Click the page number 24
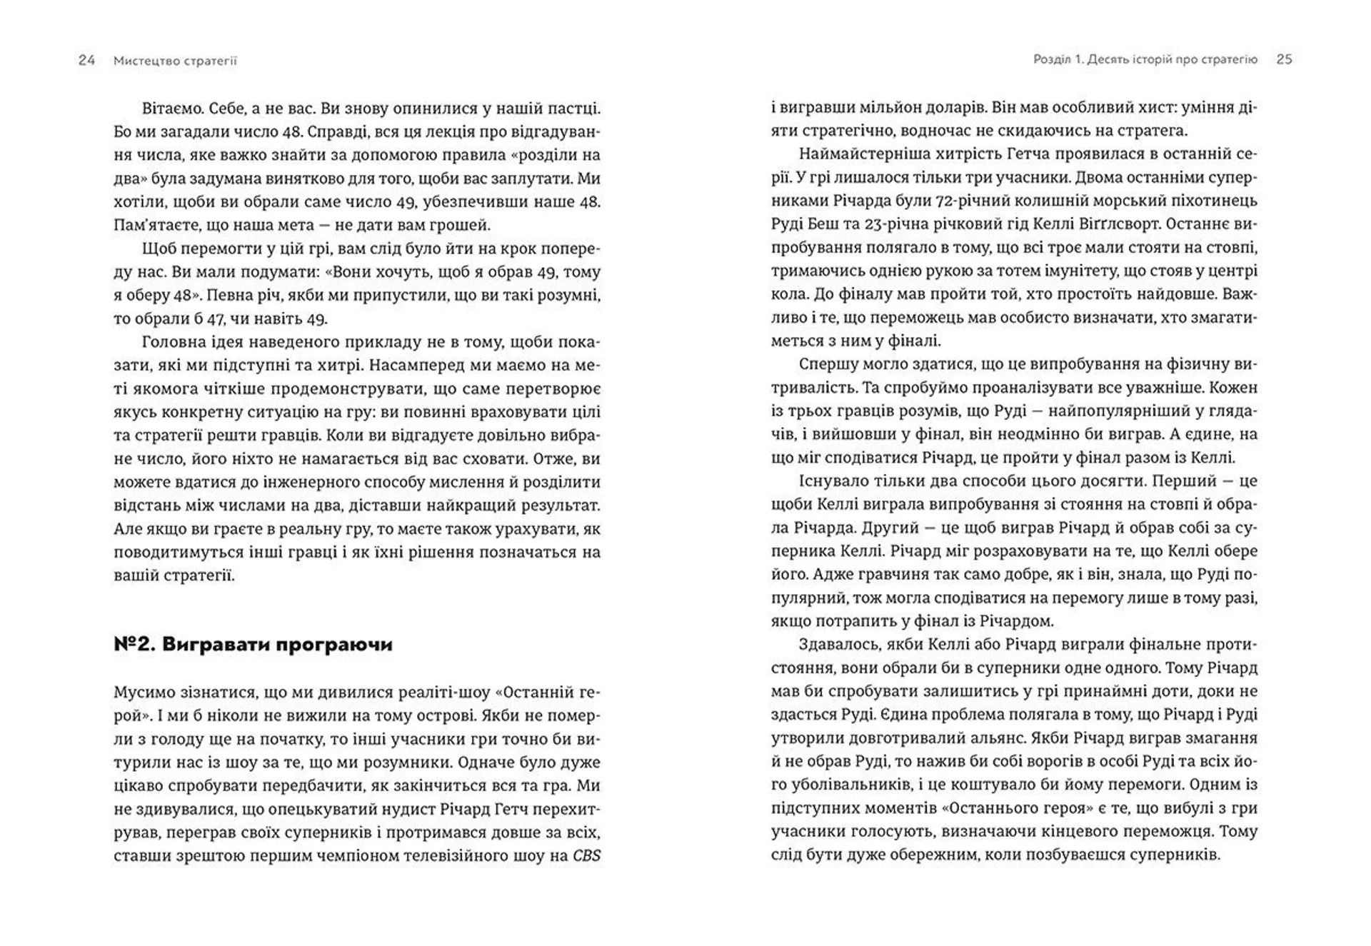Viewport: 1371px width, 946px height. [x=86, y=61]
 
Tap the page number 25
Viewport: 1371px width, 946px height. [x=1284, y=60]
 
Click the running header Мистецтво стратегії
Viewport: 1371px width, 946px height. [x=175, y=61]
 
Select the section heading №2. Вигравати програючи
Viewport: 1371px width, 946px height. [x=253, y=645]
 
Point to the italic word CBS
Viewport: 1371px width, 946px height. [x=586, y=855]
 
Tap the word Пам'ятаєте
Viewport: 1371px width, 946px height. [x=153, y=225]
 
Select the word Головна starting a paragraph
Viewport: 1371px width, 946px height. [x=174, y=342]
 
